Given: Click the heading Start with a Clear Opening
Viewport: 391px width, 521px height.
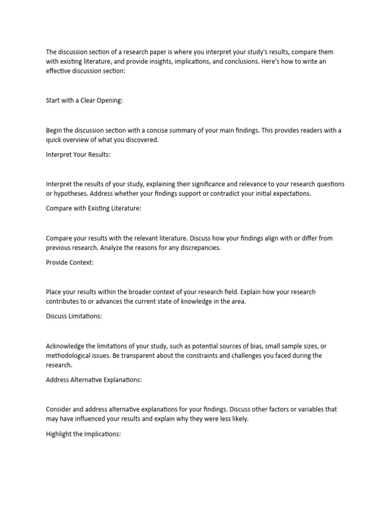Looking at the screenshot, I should (84, 100).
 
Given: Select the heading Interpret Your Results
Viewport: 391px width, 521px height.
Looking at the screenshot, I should (78, 155).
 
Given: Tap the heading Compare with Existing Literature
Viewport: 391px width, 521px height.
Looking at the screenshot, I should (93, 209).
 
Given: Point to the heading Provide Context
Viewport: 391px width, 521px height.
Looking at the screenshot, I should (70, 263).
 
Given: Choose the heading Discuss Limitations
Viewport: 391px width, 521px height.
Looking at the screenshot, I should (74, 316).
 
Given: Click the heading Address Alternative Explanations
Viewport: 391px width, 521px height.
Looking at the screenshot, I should (94, 380).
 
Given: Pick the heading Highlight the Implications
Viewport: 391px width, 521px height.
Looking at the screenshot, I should (83, 434).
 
